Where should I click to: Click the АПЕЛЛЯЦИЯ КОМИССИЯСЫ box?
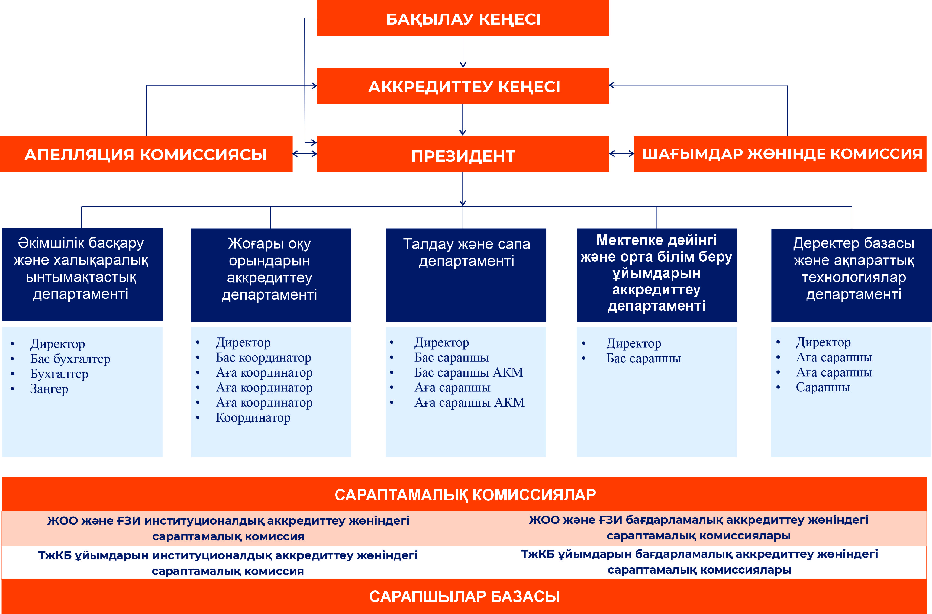pos(146,154)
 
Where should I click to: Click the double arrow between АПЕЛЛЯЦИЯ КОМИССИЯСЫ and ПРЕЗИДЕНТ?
pos(305,154)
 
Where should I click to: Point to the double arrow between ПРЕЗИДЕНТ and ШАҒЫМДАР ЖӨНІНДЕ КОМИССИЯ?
pos(621,154)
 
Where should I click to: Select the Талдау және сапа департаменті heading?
pos(466,253)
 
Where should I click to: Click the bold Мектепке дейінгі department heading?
pos(656,273)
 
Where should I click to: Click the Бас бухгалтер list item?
pos(70,359)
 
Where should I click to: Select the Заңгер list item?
pos(49,389)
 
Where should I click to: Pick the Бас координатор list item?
pos(263,358)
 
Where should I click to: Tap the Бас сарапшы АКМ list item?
pos(468,372)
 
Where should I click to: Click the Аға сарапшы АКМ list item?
pos(469,403)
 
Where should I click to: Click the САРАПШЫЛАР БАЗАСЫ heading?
pos(465,596)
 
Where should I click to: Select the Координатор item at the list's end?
pos(253,418)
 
